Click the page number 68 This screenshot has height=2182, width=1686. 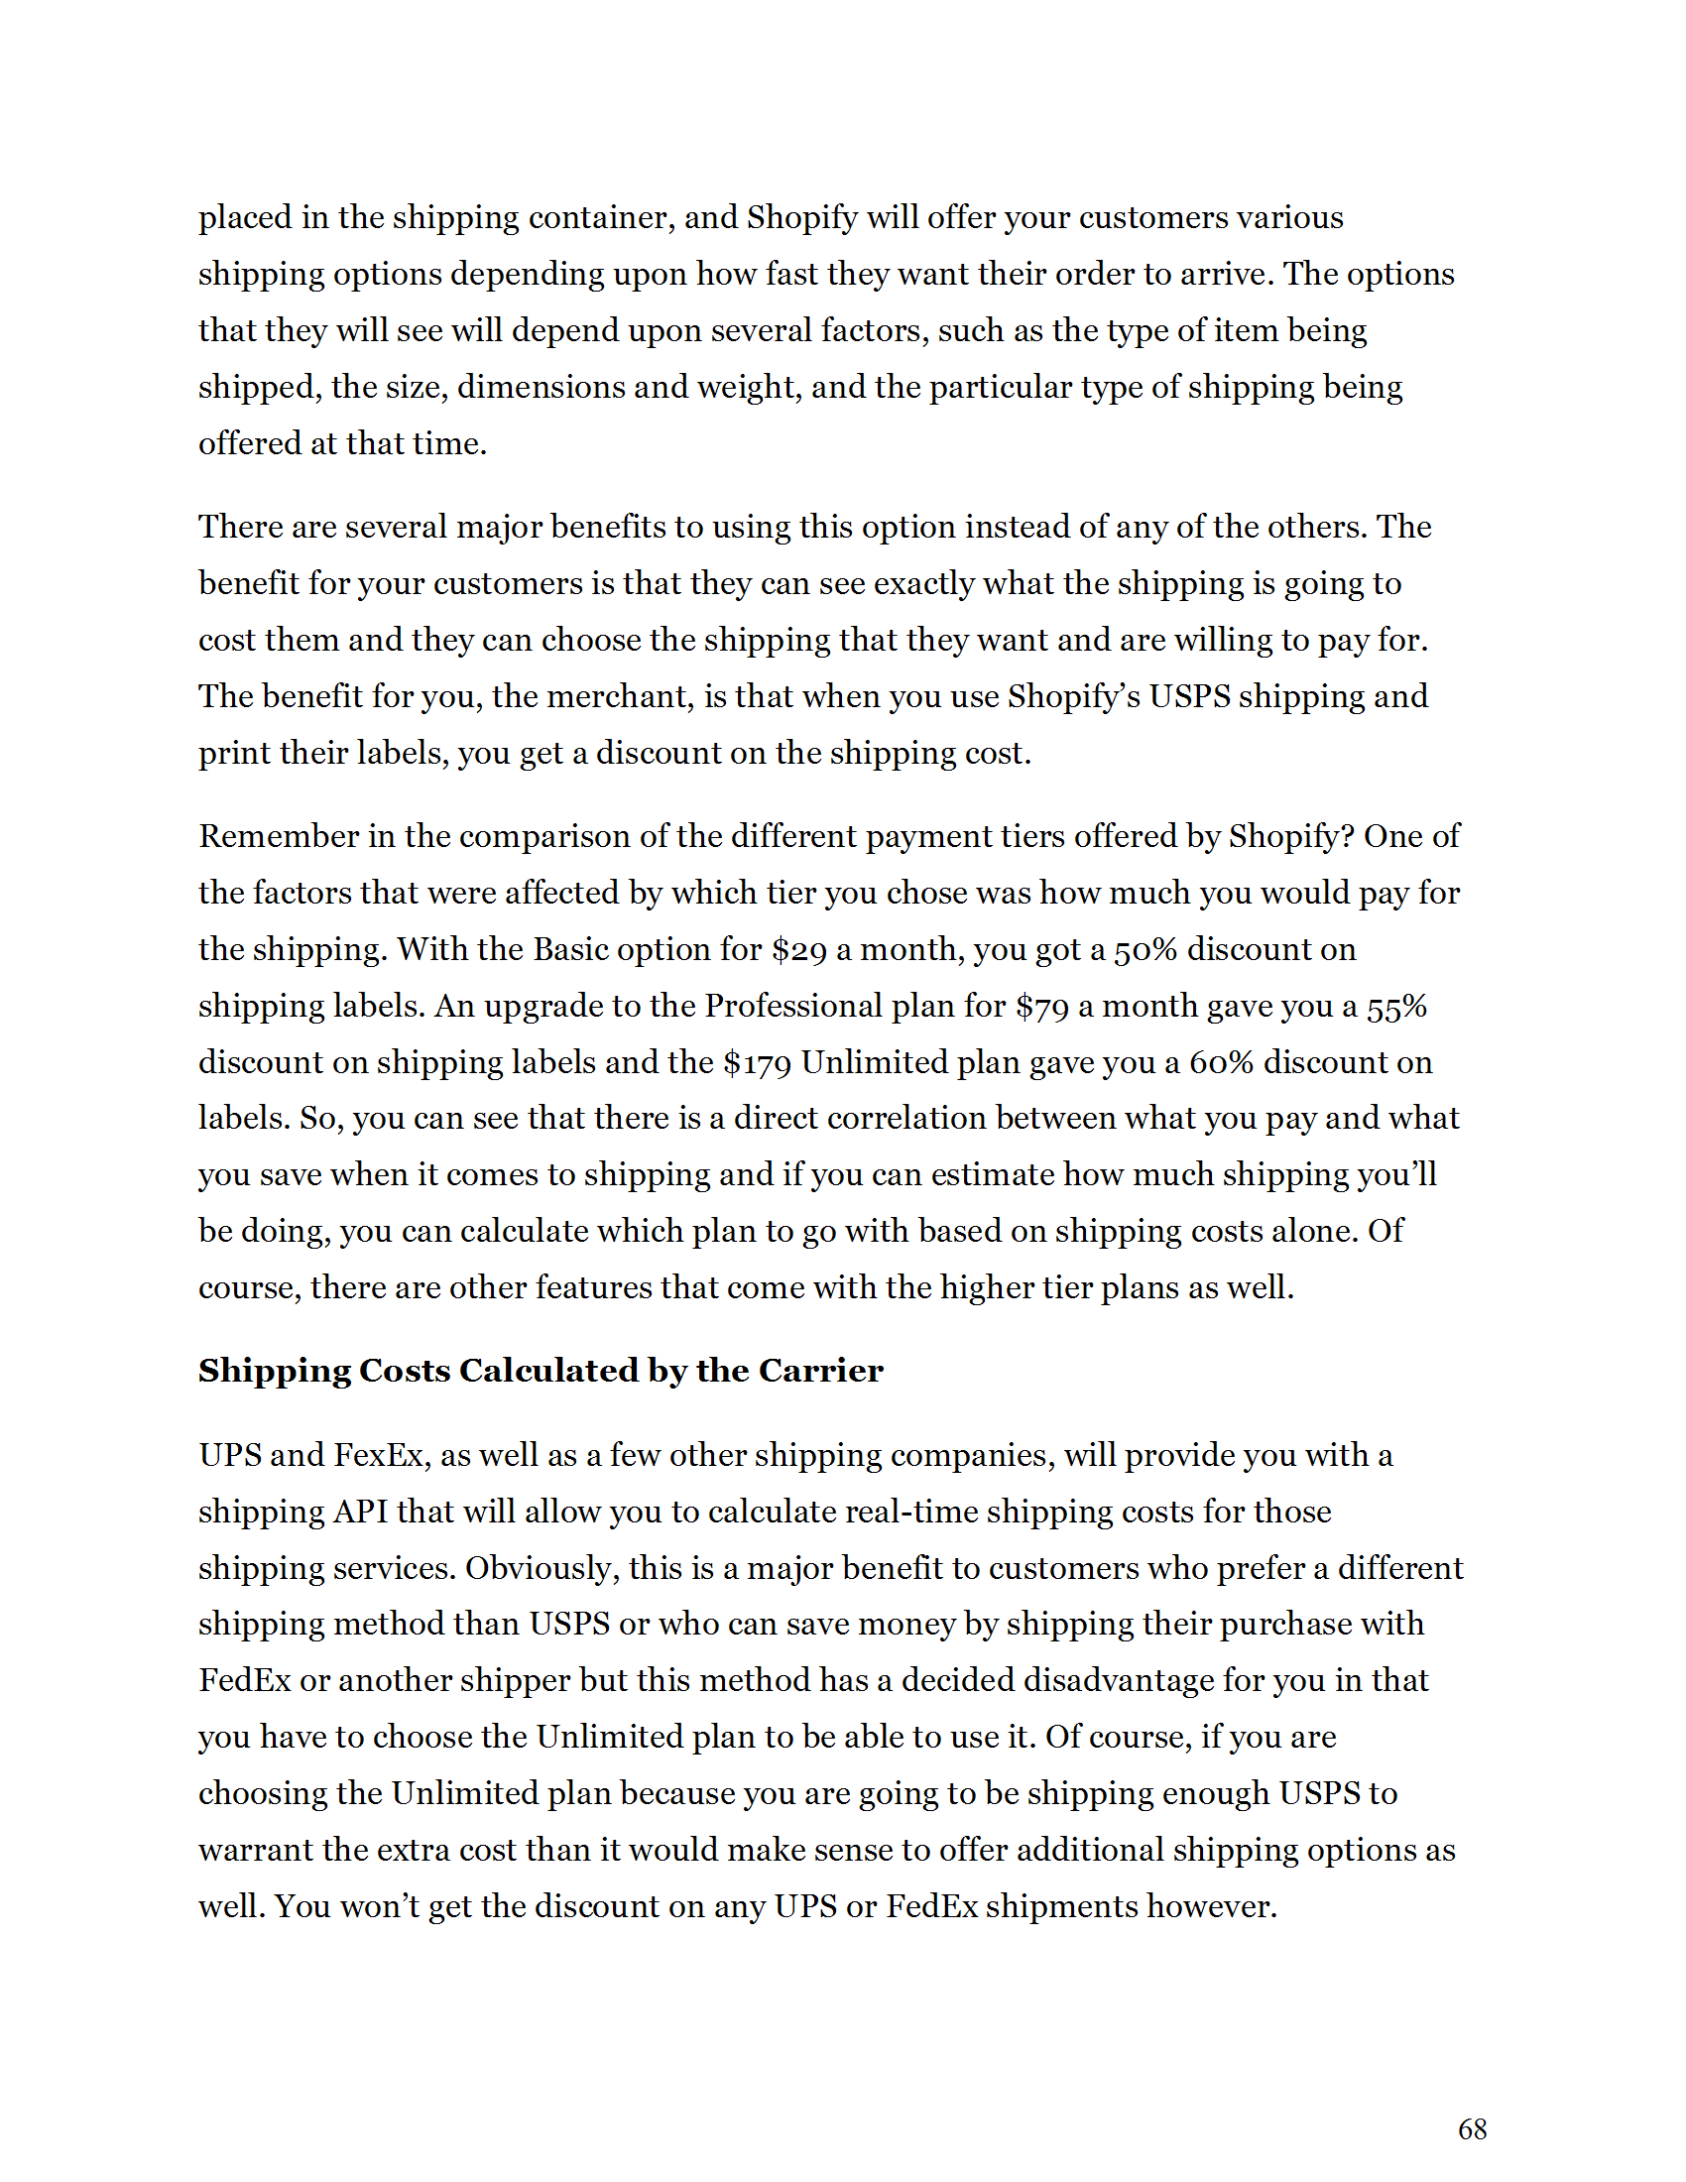[1472, 2129]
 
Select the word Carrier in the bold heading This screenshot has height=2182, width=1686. [820, 1370]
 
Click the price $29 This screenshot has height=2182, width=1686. [799, 949]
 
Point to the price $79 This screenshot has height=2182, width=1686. [1041, 1006]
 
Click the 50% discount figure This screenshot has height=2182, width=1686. [1144, 949]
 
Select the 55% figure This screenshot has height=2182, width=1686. [1396, 1006]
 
